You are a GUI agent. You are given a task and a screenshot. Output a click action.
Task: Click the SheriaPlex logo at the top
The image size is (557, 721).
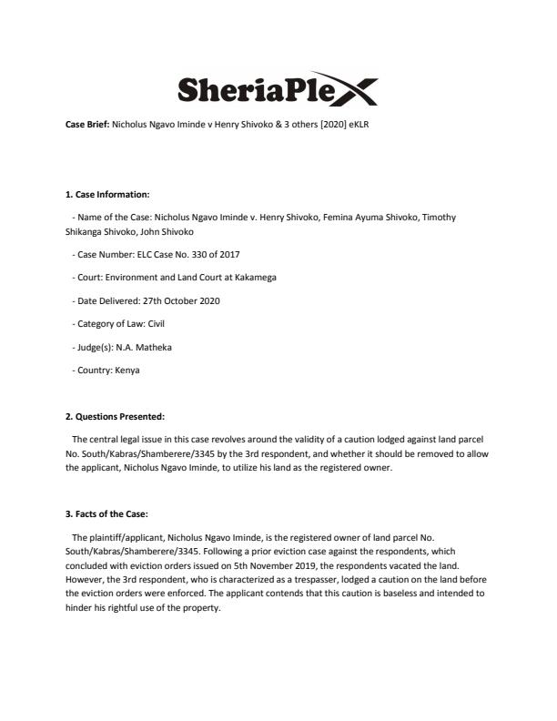tap(278, 90)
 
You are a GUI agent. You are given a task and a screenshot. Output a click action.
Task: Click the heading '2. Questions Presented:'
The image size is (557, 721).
tap(115, 417)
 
